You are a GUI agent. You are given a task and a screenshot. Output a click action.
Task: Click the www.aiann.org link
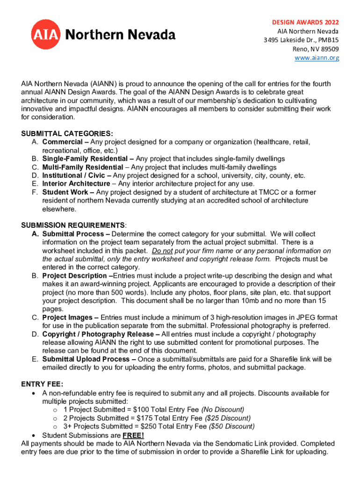click(x=317, y=58)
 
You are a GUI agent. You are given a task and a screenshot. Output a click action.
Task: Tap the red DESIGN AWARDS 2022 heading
click(x=306, y=22)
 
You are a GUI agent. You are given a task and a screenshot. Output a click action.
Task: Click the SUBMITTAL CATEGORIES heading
click(x=67, y=133)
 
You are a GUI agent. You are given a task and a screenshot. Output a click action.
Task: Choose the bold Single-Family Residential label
click(x=85, y=159)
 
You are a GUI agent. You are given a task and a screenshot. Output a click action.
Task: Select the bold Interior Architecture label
click(x=76, y=184)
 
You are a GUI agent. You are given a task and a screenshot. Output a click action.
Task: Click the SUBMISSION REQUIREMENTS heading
click(x=73, y=225)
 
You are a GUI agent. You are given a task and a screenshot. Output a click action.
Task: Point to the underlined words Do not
click(x=162, y=251)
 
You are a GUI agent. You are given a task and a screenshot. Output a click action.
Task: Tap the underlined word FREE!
click(x=133, y=435)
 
